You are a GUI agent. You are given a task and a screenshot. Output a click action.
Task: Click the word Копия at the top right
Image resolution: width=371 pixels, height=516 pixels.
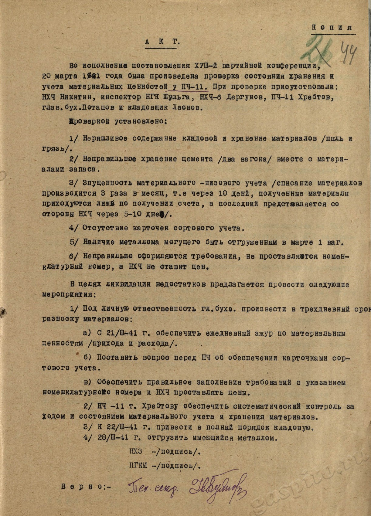point(332,27)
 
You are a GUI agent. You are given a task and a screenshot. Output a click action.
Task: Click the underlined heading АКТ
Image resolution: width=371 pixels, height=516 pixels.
point(162,42)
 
